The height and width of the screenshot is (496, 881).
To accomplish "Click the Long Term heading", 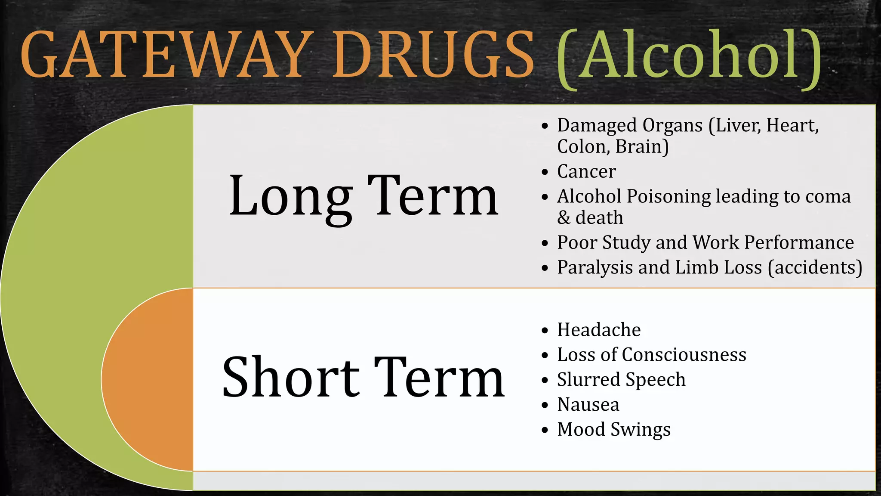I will click(363, 196).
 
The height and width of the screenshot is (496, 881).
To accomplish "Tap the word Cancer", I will click(586, 171).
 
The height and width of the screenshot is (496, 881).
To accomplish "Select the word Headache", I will click(599, 330).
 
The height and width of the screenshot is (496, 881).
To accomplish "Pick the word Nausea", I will click(588, 405).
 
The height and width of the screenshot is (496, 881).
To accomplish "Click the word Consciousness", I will click(684, 355).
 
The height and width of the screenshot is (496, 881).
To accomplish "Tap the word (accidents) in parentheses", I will click(815, 267).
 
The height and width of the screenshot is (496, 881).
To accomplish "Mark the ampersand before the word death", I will click(564, 217).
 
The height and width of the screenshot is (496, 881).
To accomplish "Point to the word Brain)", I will click(642, 147).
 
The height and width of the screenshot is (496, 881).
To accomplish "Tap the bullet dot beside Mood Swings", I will click(545, 430).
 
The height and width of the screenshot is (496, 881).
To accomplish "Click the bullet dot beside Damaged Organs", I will click(545, 126).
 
